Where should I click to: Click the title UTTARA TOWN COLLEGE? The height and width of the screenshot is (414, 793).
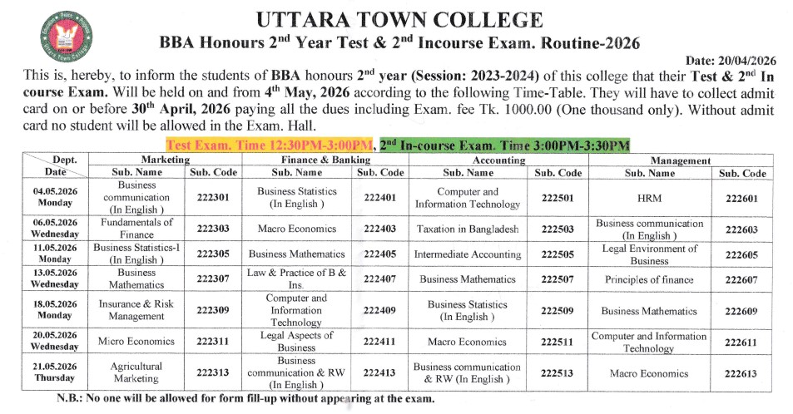point(401,20)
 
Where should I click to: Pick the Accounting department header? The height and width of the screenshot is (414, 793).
point(498,160)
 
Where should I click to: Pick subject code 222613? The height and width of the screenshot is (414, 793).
point(741,373)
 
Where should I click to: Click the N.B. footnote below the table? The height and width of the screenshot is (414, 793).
point(245,399)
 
